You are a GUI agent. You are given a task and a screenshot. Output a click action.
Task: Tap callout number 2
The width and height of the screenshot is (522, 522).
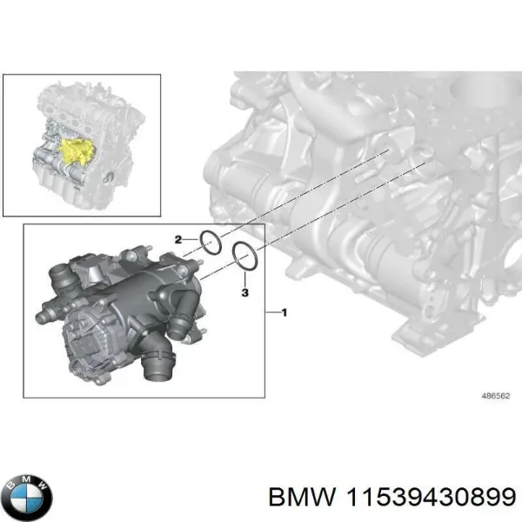click(178, 238)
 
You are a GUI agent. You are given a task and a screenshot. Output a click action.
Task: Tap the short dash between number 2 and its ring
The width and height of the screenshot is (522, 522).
click(190, 240)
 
